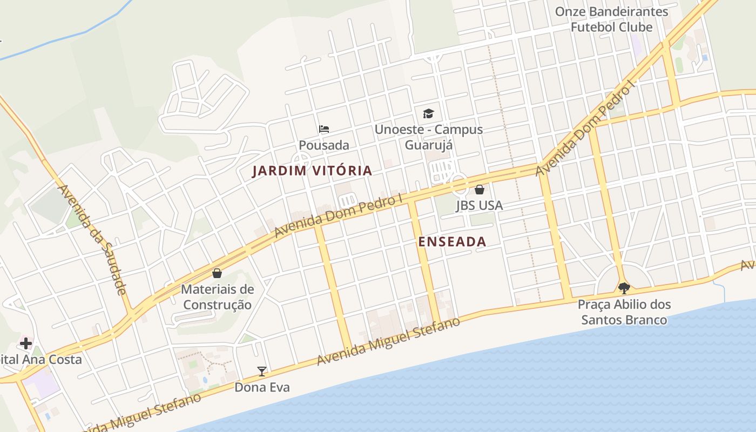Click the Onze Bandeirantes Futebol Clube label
[x=611, y=19]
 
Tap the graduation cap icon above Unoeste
[x=428, y=113]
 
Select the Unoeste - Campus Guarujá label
[x=429, y=137]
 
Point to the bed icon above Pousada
[x=324, y=129]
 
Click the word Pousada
[x=324, y=145]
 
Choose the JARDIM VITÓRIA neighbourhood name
[x=312, y=171]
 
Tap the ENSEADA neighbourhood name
[x=452, y=242]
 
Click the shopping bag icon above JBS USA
[x=479, y=190]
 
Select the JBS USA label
[x=479, y=205]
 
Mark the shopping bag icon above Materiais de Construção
[x=217, y=273]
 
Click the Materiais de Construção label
[x=217, y=296]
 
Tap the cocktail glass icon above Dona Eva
[x=262, y=371]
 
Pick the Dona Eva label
[x=262, y=387]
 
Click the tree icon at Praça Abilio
[x=624, y=288]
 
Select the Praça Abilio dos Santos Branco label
[x=624, y=312]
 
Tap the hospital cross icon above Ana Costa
[x=26, y=343]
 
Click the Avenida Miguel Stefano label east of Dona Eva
[x=388, y=341]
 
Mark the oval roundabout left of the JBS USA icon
[x=460, y=184]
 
